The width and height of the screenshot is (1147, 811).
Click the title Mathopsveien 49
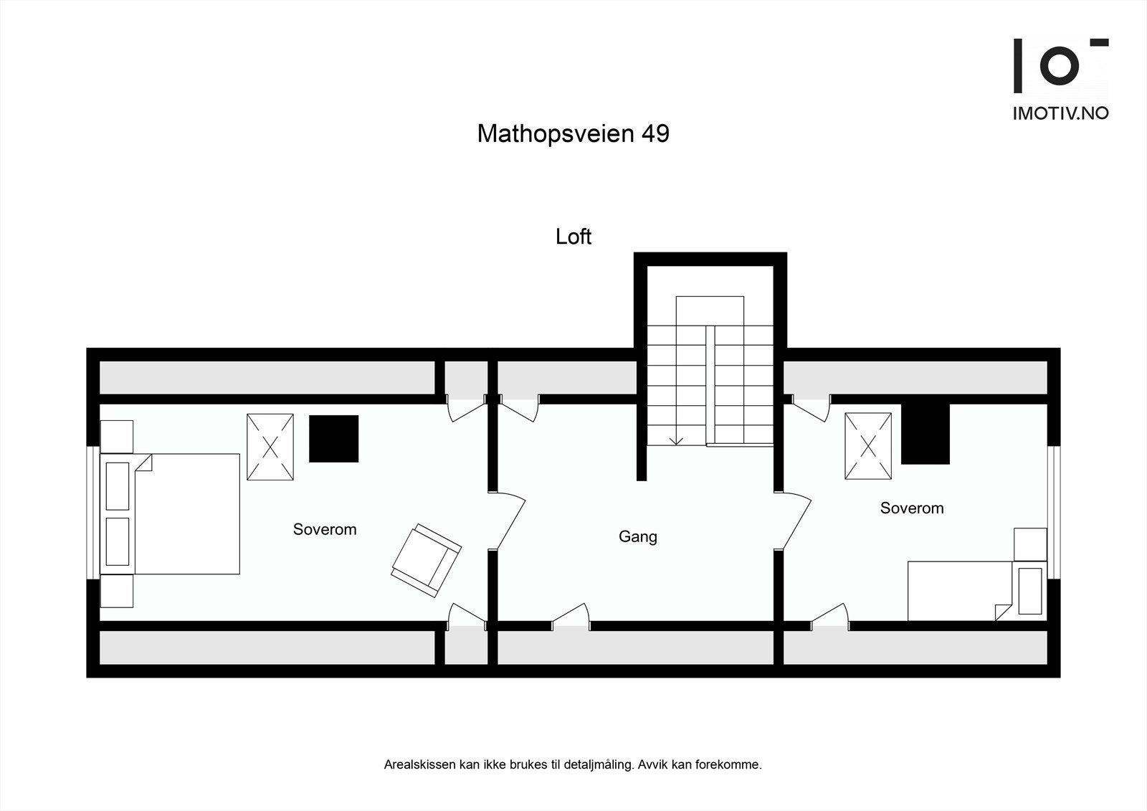click(573, 133)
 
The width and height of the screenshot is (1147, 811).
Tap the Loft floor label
click(573, 237)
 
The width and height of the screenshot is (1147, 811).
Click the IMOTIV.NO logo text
click(1060, 113)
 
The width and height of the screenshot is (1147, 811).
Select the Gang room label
click(637, 536)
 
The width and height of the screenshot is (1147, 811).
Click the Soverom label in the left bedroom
click(324, 529)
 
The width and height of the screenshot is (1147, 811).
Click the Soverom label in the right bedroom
click(911, 508)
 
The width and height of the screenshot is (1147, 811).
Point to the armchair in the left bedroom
click(426, 560)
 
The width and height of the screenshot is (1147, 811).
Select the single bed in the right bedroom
click(957, 590)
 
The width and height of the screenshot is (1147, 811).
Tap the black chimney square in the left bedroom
click(333, 438)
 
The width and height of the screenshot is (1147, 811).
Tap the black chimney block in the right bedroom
click(925, 435)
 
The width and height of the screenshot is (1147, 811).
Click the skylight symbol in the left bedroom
click(270, 446)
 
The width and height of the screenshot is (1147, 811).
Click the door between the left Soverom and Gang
click(509, 521)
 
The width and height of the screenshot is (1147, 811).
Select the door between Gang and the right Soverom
click(795, 521)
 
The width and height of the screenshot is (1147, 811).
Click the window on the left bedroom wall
click(93, 513)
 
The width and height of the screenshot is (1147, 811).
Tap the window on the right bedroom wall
click(1053, 512)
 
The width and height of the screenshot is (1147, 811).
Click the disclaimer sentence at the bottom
click(573, 764)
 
